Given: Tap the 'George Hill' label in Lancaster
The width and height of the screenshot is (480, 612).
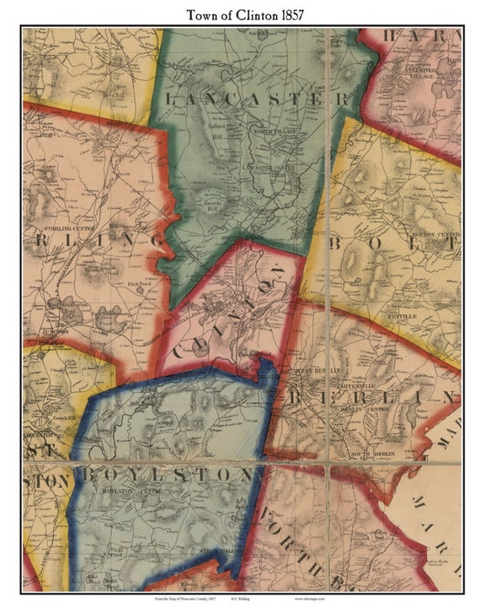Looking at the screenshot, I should coord(218,206).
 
